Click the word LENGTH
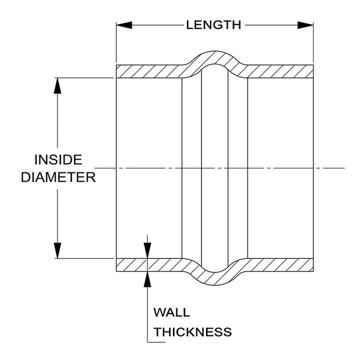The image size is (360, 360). click(x=214, y=25)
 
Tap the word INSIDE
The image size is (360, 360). click(x=58, y=160)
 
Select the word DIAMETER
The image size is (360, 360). click(x=58, y=178)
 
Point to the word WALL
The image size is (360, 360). click(x=172, y=312)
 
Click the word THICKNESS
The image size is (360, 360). click(x=193, y=332)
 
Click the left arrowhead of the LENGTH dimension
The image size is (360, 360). click(x=124, y=25)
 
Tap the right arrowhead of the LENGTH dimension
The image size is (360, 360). click(x=305, y=25)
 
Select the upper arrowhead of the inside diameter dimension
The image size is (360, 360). click(x=57, y=85)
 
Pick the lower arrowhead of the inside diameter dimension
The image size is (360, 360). click(x=57, y=250)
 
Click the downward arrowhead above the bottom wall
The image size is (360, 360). click(x=147, y=250)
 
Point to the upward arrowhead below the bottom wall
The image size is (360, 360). click(x=147, y=279)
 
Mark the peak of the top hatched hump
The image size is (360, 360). click(x=214, y=51)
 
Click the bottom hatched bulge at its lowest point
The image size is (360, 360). click(x=214, y=285)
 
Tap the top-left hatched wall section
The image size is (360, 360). click(x=149, y=71)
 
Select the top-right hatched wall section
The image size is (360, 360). click(x=280, y=71)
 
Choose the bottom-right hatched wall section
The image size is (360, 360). click(x=280, y=265)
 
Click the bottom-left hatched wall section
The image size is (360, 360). click(x=149, y=265)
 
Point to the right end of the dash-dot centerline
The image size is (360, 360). click(x=345, y=168)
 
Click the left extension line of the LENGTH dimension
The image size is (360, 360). click(x=116, y=42)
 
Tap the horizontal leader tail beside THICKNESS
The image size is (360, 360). click(x=156, y=343)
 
